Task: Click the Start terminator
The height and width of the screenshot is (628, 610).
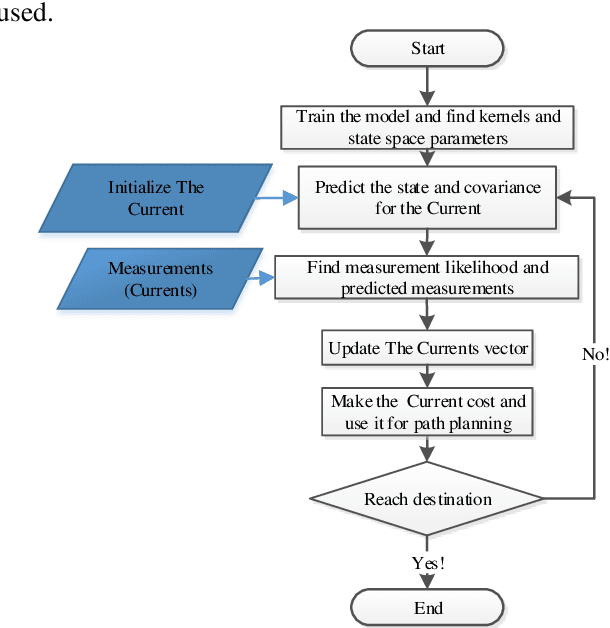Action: (x=428, y=49)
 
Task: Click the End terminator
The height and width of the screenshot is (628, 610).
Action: (x=428, y=607)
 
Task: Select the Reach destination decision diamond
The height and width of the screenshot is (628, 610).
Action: (x=428, y=499)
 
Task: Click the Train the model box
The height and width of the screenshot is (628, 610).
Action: (x=428, y=126)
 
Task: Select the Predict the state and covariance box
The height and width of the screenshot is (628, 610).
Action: (x=428, y=198)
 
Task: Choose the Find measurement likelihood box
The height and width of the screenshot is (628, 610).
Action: (x=428, y=279)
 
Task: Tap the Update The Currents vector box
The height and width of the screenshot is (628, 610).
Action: (x=428, y=350)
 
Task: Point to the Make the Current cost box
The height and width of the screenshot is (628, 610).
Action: (x=428, y=412)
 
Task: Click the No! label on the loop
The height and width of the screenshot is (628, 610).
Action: (x=594, y=353)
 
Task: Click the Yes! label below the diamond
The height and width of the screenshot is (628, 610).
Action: (x=428, y=563)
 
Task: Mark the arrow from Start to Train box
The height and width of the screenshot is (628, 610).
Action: (x=428, y=87)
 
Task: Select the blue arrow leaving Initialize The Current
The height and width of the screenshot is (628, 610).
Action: (x=277, y=198)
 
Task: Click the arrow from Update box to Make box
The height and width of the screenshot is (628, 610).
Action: (x=428, y=377)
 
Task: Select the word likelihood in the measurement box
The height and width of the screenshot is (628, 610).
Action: (x=486, y=268)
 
